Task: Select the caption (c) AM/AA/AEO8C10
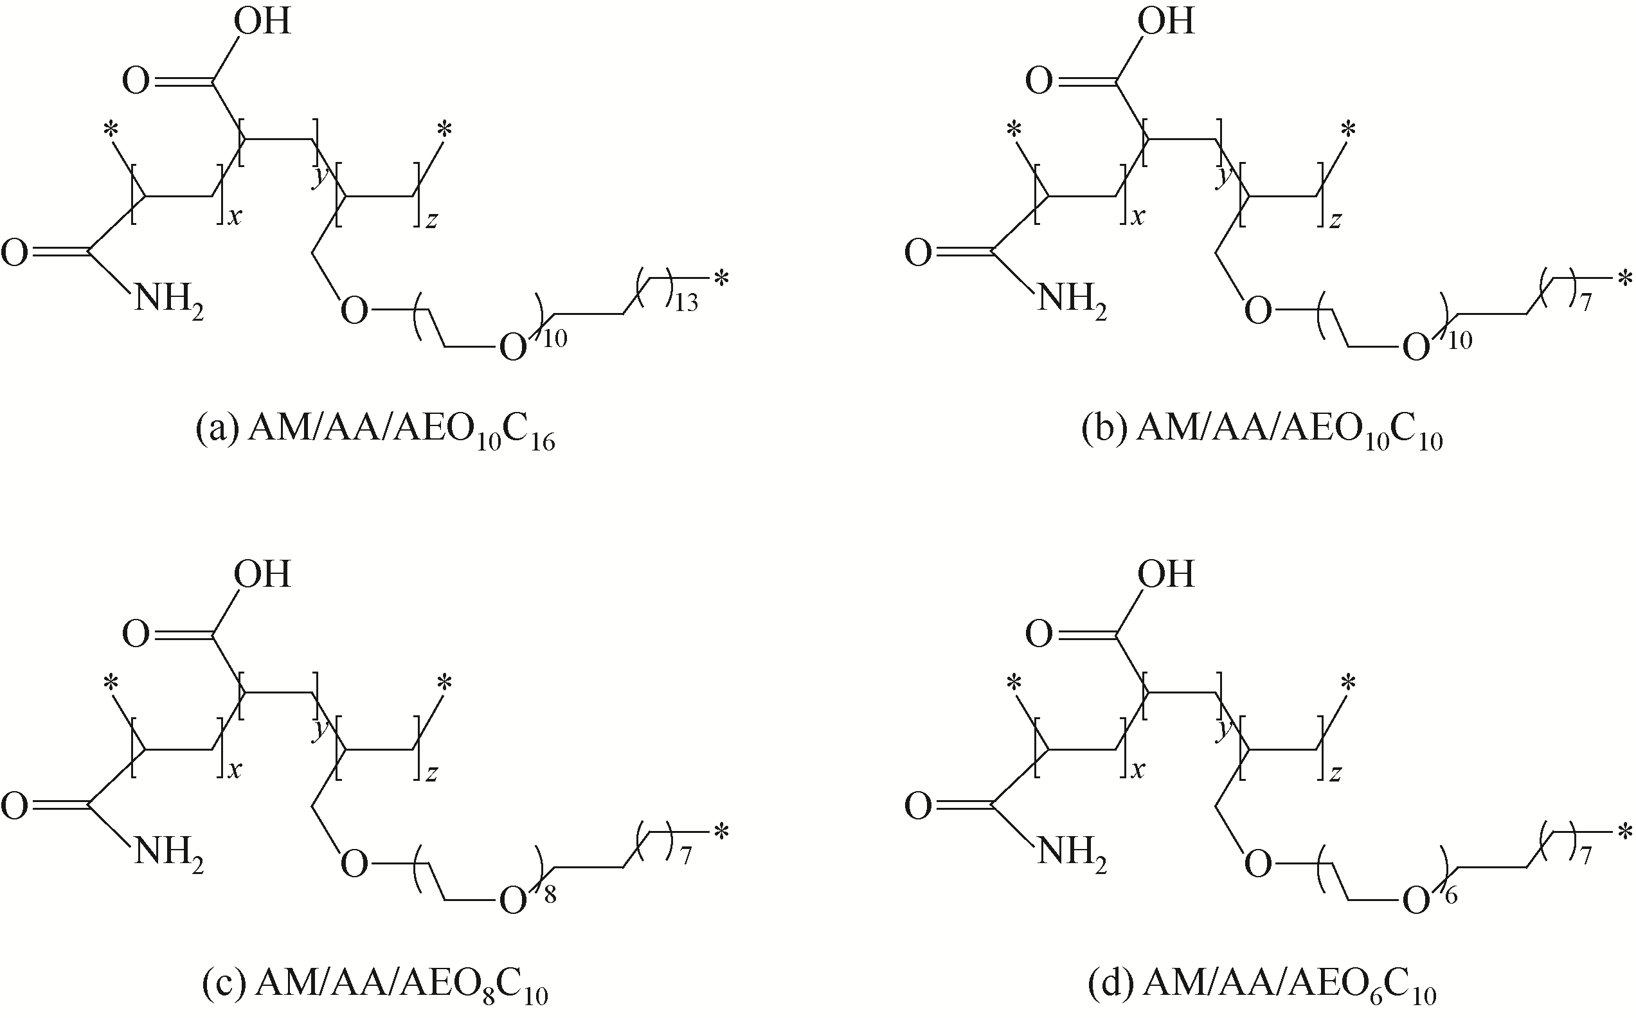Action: coord(375,984)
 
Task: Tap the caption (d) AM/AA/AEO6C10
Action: coord(1262,984)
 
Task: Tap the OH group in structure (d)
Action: coord(1165,575)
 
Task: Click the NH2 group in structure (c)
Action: coord(168,852)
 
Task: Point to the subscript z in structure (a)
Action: coord(431,220)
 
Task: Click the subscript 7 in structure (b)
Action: coord(1586,303)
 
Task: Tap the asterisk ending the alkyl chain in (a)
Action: coord(722,278)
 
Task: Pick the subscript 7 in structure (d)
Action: coord(1586,857)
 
